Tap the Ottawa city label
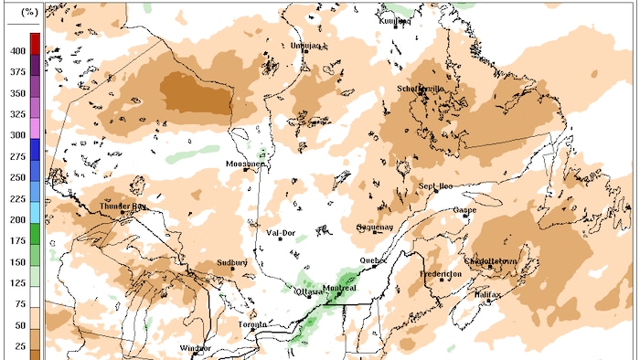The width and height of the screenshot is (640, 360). pos(308,291)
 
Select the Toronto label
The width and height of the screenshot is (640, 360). pos(252,325)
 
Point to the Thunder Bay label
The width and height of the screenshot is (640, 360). pos(123,206)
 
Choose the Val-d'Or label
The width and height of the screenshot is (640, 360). pos(281,233)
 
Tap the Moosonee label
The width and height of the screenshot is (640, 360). pos(245,164)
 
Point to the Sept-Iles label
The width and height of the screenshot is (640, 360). pos(436,186)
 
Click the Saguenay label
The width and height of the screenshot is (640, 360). pos(375,227)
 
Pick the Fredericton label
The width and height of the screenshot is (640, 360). pos(441,274)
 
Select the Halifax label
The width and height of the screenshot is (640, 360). pos(489,294)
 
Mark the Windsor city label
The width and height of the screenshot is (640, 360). pos(196,348)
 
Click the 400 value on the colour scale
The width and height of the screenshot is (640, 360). pos(16,51)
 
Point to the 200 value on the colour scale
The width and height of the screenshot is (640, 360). pos(16,219)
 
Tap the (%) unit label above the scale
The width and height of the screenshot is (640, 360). pos(28,13)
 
